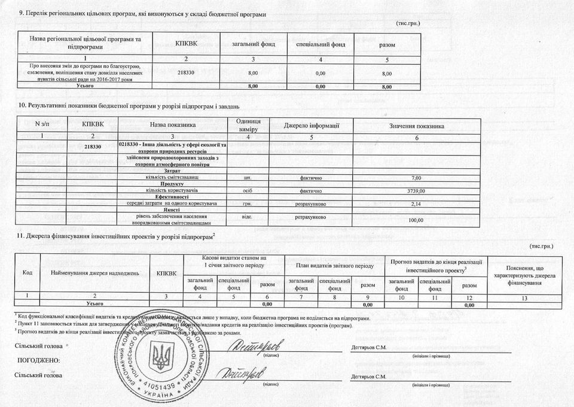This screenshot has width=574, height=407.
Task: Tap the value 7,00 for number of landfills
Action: tap(417, 178)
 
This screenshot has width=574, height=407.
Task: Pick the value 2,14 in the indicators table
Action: tap(417, 204)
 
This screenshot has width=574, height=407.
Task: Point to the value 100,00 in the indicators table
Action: tap(417, 220)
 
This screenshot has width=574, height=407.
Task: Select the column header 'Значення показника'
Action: tap(417, 126)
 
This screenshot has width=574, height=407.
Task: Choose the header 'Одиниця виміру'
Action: tap(248, 126)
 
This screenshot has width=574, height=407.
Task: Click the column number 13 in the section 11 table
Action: tap(524, 297)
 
